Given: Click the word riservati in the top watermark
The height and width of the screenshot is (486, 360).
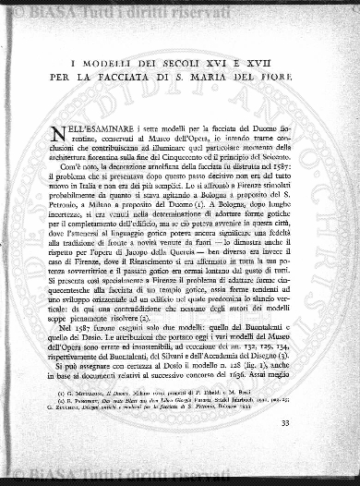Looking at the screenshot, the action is pos(147,8).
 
